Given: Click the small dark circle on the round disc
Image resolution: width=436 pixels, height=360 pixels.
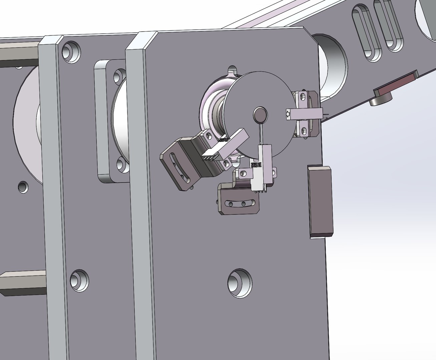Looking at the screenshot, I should coord(260,114).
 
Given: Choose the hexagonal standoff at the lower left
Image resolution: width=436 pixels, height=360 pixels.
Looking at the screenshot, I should coord(20,283).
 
